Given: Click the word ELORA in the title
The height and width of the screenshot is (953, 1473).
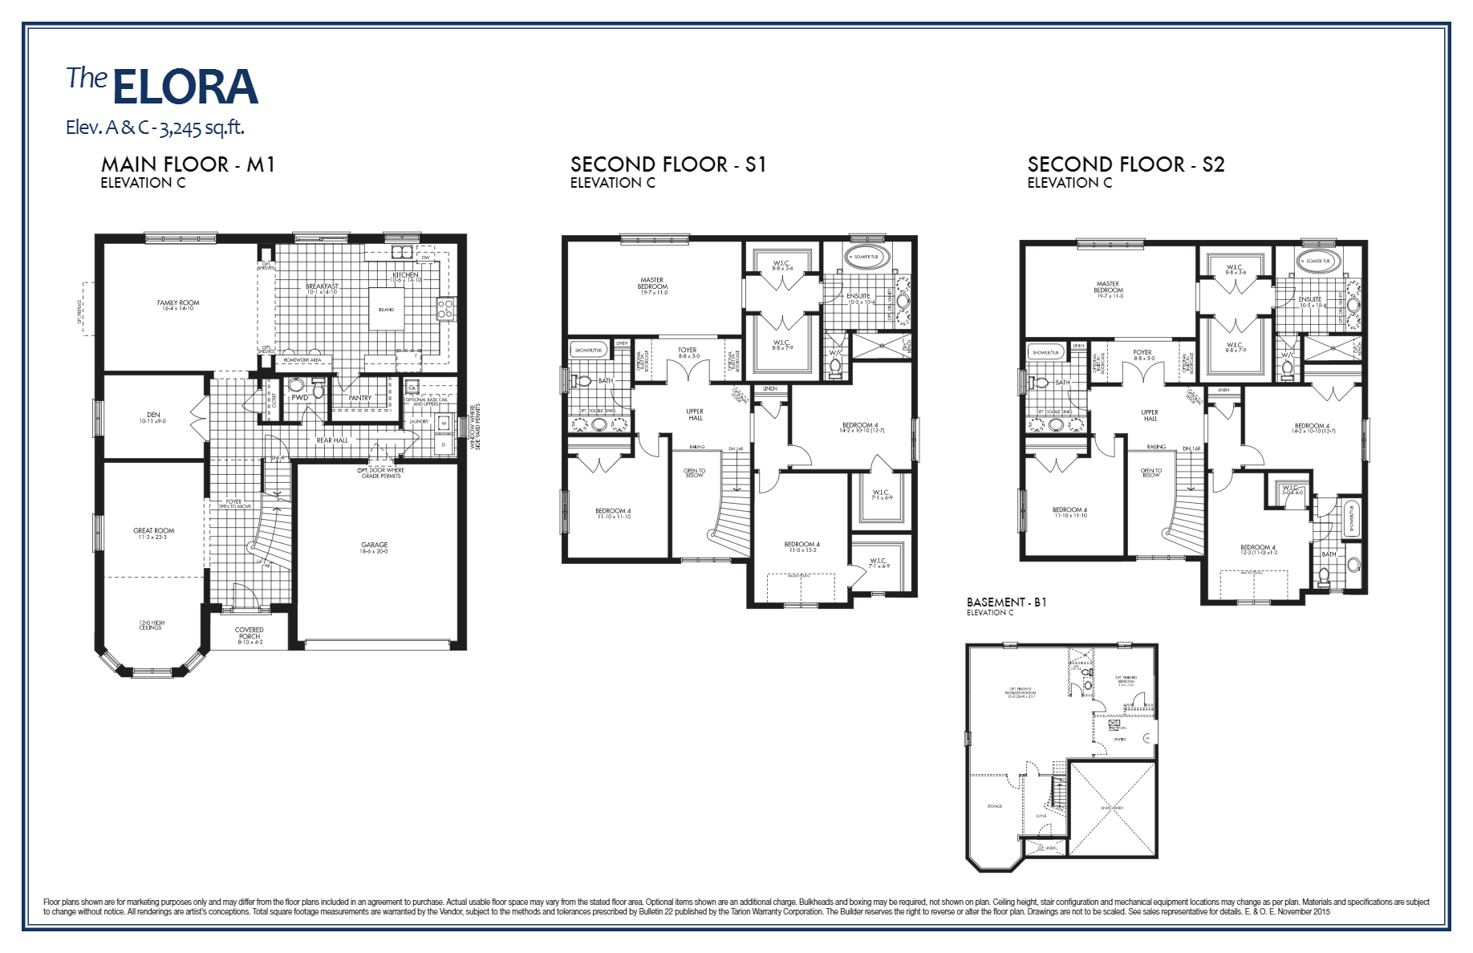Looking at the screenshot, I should pyautogui.click(x=185, y=87).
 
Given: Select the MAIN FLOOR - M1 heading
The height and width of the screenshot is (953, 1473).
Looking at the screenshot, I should pyautogui.click(x=188, y=164).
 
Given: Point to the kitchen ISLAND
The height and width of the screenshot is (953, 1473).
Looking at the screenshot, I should pyautogui.click(x=387, y=309).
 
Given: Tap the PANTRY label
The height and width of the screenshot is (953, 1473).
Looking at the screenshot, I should pyautogui.click(x=360, y=398).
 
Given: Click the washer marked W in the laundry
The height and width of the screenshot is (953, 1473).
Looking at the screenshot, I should pyautogui.click(x=444, y=422).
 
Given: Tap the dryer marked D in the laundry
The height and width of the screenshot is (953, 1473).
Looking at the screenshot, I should pyautogui.click(x=444, y=444).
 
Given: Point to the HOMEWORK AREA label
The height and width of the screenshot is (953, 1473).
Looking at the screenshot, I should pyautogui.click(x=302, y=360).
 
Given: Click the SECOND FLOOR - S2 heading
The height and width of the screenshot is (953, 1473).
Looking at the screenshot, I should pyautogui.click(x=1126, y=164).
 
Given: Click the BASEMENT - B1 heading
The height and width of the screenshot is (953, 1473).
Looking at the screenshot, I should pyautogui.click(x=1006, y=602).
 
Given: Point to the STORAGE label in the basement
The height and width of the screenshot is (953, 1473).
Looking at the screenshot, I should pyautogui.click(x=994, y=806).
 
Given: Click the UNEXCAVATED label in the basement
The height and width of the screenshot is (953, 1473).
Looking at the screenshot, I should pyautogui.click(x=1112, y=808).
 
